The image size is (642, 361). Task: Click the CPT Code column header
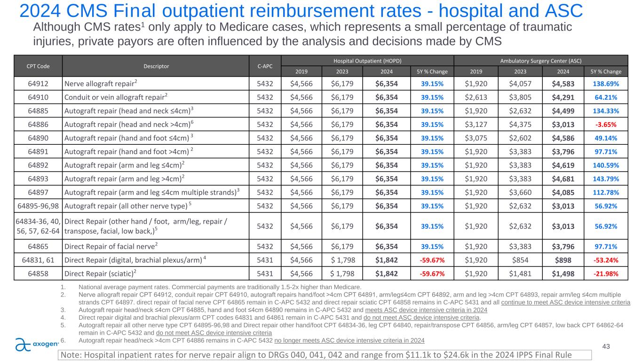pos(32,66)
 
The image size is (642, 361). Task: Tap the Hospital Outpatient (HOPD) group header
pos(367,61)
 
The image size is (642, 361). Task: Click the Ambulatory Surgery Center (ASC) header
pos(541,61)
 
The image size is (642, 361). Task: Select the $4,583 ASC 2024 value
pos(563,83)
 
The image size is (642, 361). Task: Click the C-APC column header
pos(263,66)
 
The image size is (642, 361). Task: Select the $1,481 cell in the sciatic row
pos(519,272)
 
